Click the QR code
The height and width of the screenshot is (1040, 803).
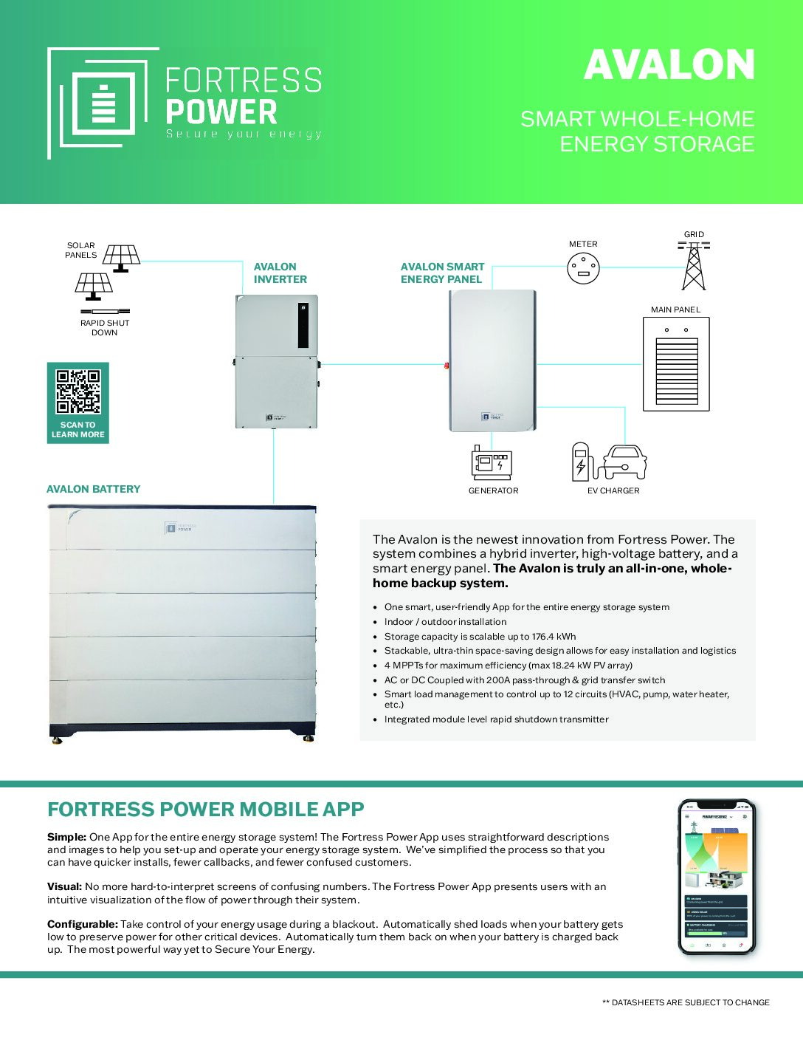[x=77, y=391]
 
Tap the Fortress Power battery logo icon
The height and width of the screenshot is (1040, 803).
[x=103, y=103]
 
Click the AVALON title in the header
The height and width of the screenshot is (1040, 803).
[x=669, y=65]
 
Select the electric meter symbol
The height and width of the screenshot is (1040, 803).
[x=583, y=268]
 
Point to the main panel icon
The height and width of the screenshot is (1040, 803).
[x=676, y=364]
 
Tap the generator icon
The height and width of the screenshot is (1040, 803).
[x=492, y=463]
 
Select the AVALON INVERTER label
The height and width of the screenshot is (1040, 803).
[x=280, y=273]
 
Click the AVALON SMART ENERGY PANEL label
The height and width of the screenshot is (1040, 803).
[x=442, y=273]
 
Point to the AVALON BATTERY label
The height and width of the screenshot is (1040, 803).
[x=93, y=489]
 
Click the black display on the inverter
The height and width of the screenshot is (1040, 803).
[x=303, y=325]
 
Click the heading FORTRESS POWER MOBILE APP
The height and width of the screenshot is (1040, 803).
[x=206, y=810]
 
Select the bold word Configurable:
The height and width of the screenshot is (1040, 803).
[x=82, y=924]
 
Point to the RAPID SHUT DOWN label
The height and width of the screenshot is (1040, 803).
[x=105, y=327]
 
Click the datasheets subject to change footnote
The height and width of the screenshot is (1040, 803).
[x=686, y=1002]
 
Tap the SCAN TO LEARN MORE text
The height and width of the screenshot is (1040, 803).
[x=77, y=430]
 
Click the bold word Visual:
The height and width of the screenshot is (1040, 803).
[x=64, y=886]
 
